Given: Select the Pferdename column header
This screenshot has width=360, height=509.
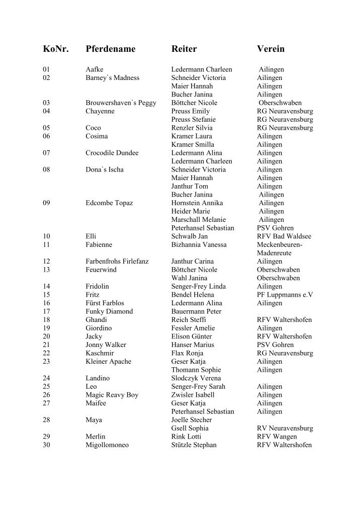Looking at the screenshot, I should [x=111, y=49].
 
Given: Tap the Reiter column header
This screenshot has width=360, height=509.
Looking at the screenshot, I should [x=184, y=49].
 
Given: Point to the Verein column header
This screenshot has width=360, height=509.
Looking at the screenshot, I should [x=271, y=49].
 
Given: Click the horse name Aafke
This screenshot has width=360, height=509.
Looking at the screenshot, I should [x=95, y=69].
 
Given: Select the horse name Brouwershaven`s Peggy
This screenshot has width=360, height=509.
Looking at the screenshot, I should [x=121, y=103].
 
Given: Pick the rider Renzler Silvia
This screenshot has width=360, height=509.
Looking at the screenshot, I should [x=192, y=128].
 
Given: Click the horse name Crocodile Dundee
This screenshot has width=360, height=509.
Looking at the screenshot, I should [x=112, y=153].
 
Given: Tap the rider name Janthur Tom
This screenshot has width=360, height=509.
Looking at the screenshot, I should [x=190, y=186].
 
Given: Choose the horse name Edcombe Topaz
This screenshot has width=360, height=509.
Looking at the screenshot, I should [x=109, y=203].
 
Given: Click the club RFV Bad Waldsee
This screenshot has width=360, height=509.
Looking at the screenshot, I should [x=284, y=236].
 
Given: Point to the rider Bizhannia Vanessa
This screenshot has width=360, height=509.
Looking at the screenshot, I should [x=199, y=244].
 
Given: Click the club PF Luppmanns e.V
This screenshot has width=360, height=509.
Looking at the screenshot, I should [x=285, y=295].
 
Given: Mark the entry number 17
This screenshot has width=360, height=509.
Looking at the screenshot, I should [x=47, y=311].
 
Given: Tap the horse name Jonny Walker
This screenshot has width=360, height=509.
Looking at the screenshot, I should [x=106, y=345].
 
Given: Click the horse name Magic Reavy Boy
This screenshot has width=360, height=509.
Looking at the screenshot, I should [x=112, y=395].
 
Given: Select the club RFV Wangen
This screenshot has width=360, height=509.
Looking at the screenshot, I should [x=277, y=437].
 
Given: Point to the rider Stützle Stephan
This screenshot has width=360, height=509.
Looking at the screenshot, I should [x=194, y=445].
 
